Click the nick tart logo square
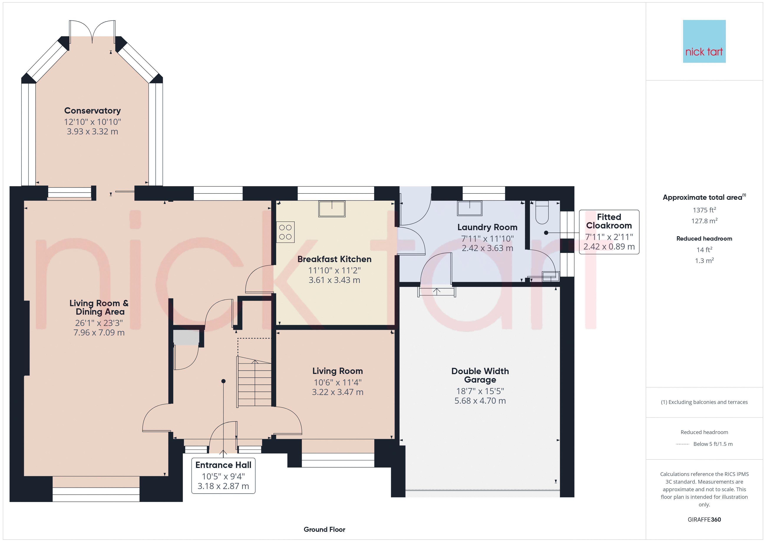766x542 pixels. click(704, 41)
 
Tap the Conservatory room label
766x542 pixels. click(92, 111)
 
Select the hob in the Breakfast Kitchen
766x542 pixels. click(285, 232)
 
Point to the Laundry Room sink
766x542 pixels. click(470, 208)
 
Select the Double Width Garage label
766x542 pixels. click(480, 375)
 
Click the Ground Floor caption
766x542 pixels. click(324, 529)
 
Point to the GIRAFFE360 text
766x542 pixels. click(704, 520)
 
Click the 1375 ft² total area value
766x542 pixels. click(704, 210)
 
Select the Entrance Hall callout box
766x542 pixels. click(223, 476)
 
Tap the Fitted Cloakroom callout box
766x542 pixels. click(609, 232)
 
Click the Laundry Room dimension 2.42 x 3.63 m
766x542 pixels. click(487, 248)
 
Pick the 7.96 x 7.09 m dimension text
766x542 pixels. click(99, 333)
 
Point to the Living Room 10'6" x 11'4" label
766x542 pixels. click(338, 382)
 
